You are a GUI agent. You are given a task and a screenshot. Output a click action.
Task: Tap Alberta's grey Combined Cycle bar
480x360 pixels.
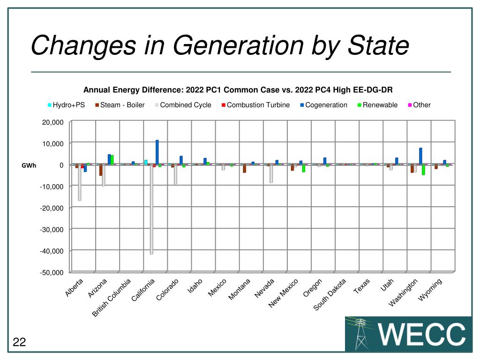click(80, 183)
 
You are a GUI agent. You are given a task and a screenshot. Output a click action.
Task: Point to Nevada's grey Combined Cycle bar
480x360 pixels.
click(271, 173)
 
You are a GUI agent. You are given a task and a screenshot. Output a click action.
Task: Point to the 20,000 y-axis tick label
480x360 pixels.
click(52, 122)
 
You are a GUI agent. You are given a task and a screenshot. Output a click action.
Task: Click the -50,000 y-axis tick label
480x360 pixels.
click(51, 272)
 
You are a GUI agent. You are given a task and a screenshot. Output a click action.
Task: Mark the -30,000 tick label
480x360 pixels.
click(51, 229)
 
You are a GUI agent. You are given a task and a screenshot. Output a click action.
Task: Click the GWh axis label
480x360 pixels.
click(29, 165)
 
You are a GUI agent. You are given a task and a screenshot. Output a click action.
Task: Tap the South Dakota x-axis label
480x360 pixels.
click(330, 294)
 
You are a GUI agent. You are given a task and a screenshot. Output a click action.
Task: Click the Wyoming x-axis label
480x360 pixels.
click(430, 289)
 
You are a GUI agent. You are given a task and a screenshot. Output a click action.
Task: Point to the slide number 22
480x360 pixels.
click(19, 343)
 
